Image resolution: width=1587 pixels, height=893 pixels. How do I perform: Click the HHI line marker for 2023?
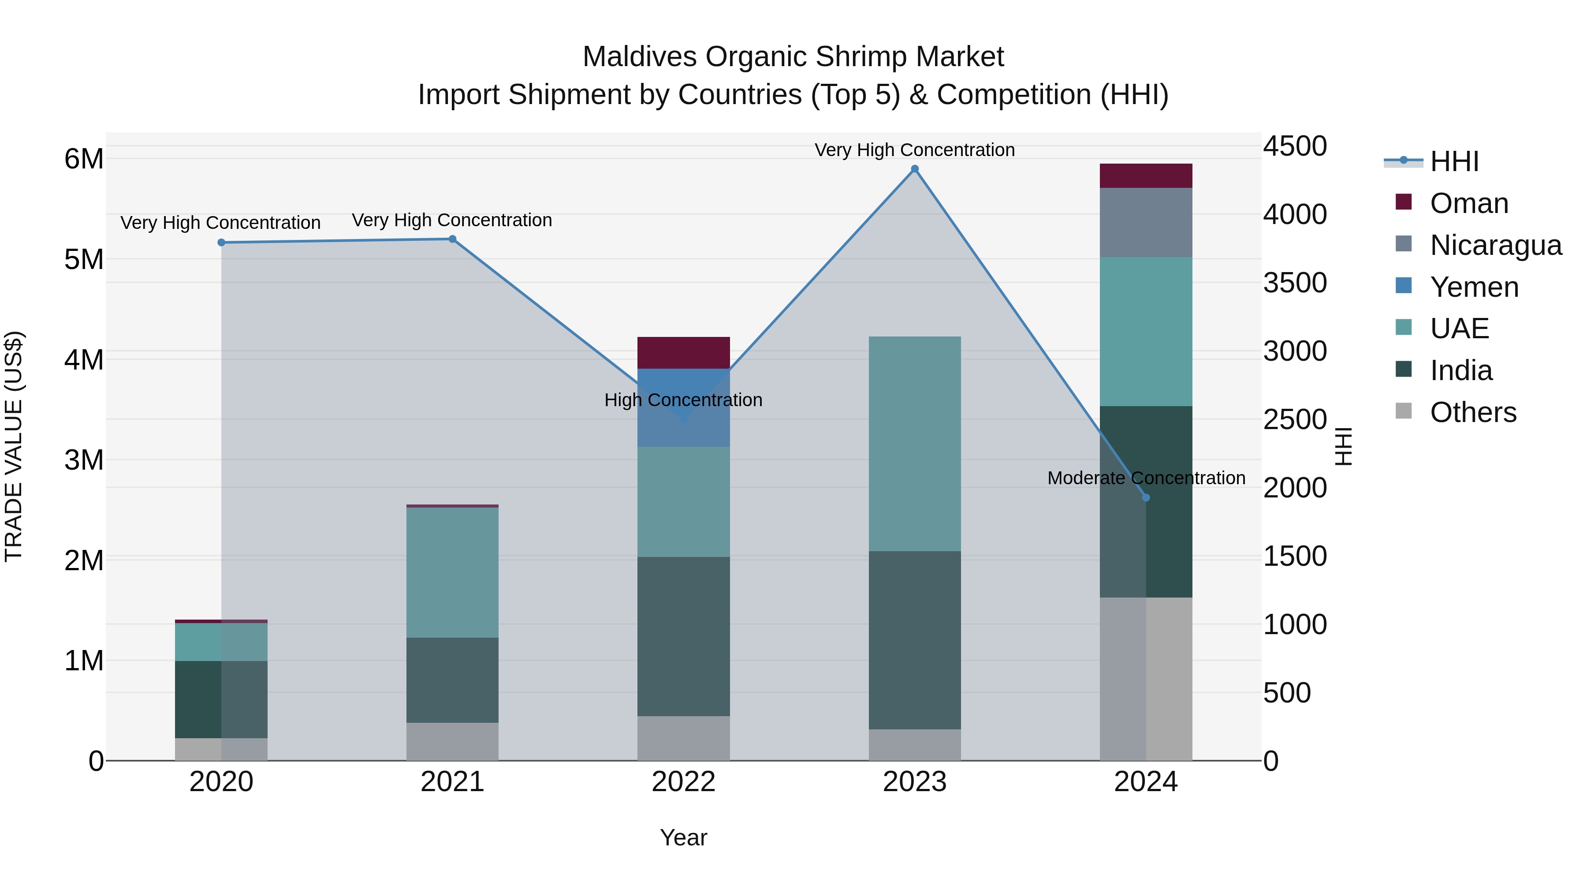(914, 169)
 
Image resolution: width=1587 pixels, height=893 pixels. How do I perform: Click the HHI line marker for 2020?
(221, 242)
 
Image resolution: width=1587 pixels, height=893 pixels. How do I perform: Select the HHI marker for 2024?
(1146, 497)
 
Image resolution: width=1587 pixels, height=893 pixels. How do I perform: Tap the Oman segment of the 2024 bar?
(1146, 176)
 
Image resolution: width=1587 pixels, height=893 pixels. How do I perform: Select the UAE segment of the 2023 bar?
(914, 444)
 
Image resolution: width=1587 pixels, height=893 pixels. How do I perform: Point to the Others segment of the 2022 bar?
(683, 738)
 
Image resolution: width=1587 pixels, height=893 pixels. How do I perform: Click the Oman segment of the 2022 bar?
(683, 352)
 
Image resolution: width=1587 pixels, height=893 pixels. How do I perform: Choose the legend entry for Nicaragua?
(1495, 245)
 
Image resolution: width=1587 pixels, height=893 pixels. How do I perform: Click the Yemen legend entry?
(1474, 287)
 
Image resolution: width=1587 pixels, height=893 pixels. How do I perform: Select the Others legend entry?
(1472, 412)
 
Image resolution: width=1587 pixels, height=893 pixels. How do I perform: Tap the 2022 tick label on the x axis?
(683, 782)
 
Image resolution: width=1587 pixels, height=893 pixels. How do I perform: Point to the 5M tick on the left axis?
(84, 259)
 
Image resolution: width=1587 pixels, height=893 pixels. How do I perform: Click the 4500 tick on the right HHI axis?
(1294, 147)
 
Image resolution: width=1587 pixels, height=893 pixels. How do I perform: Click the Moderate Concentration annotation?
(1146, 478)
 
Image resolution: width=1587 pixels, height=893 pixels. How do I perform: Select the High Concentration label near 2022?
(683, 400)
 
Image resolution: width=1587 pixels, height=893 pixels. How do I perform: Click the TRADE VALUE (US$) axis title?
(14, 446)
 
